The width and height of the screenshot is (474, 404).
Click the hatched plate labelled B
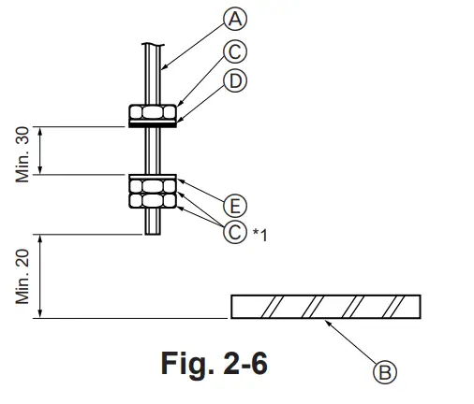click(325, 307)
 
